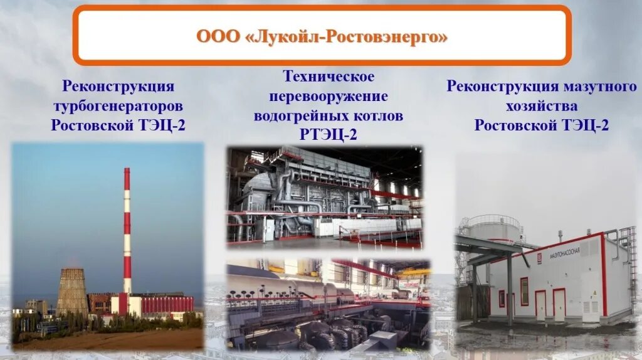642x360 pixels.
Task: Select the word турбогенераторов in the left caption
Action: click(x=118, y=105)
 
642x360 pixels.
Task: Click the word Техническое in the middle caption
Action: click(x=329, y=77)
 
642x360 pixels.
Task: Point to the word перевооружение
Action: click(x=329, y=97)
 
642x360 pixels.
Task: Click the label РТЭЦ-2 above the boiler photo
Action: click(x=329, y=135)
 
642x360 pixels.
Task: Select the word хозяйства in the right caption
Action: click(x=541, y=106)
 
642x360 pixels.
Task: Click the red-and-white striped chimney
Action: click(x=127, y=232)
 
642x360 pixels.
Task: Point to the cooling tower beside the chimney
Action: click(x=73, y=292)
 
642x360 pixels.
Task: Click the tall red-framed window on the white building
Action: click(x=524, y=292)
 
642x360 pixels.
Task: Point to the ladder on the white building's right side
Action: click(x=632, y=263)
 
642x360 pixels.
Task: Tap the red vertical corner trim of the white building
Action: click(x=605, y=276)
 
